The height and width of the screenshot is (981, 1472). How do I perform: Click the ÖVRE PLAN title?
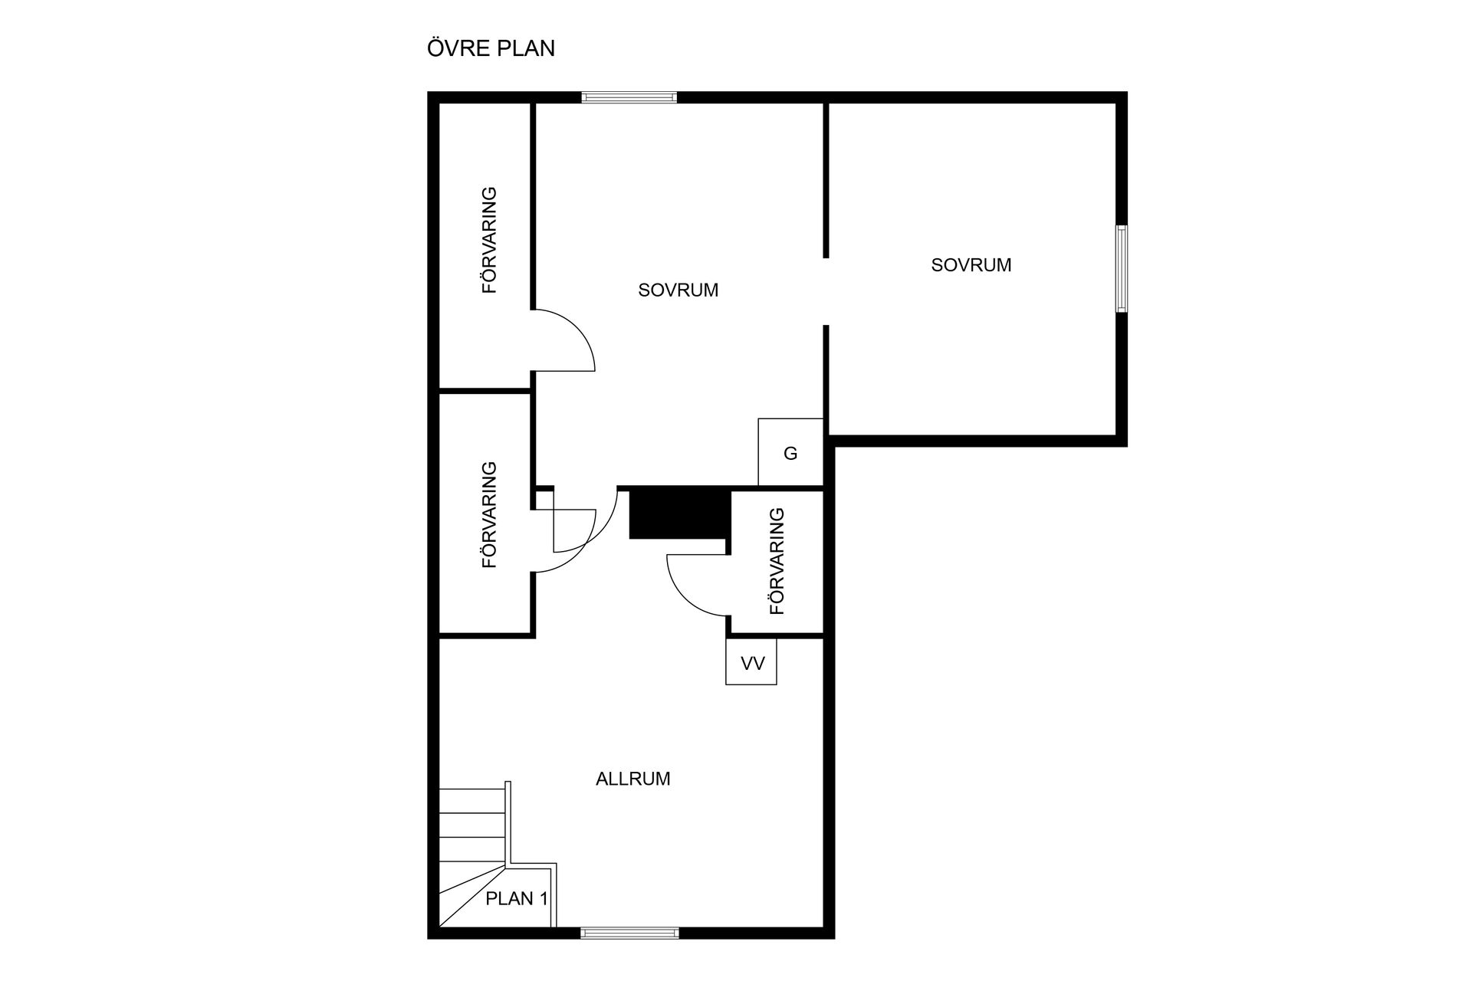(x=491, y=48)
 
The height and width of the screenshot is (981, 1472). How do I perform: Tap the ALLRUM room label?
(x=633, y=779)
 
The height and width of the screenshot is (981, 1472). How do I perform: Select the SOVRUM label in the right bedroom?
(x=971, y=265)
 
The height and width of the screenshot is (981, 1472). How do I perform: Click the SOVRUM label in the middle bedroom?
(x=678, y=290)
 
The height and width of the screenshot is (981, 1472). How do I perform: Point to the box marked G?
(x=790, y=452)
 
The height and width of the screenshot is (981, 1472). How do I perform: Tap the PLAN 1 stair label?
(x=517, y=898)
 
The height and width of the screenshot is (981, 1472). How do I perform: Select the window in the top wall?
(x=629, y=97)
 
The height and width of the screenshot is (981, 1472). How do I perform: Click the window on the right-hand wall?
(x=1122, y=268)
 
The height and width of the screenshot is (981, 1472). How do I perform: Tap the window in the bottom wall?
(x=629, y=933)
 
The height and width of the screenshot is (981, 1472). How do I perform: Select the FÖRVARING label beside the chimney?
(x=777, y=561)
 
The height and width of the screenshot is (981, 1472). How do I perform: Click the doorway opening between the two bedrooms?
(x=826, y=292)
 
